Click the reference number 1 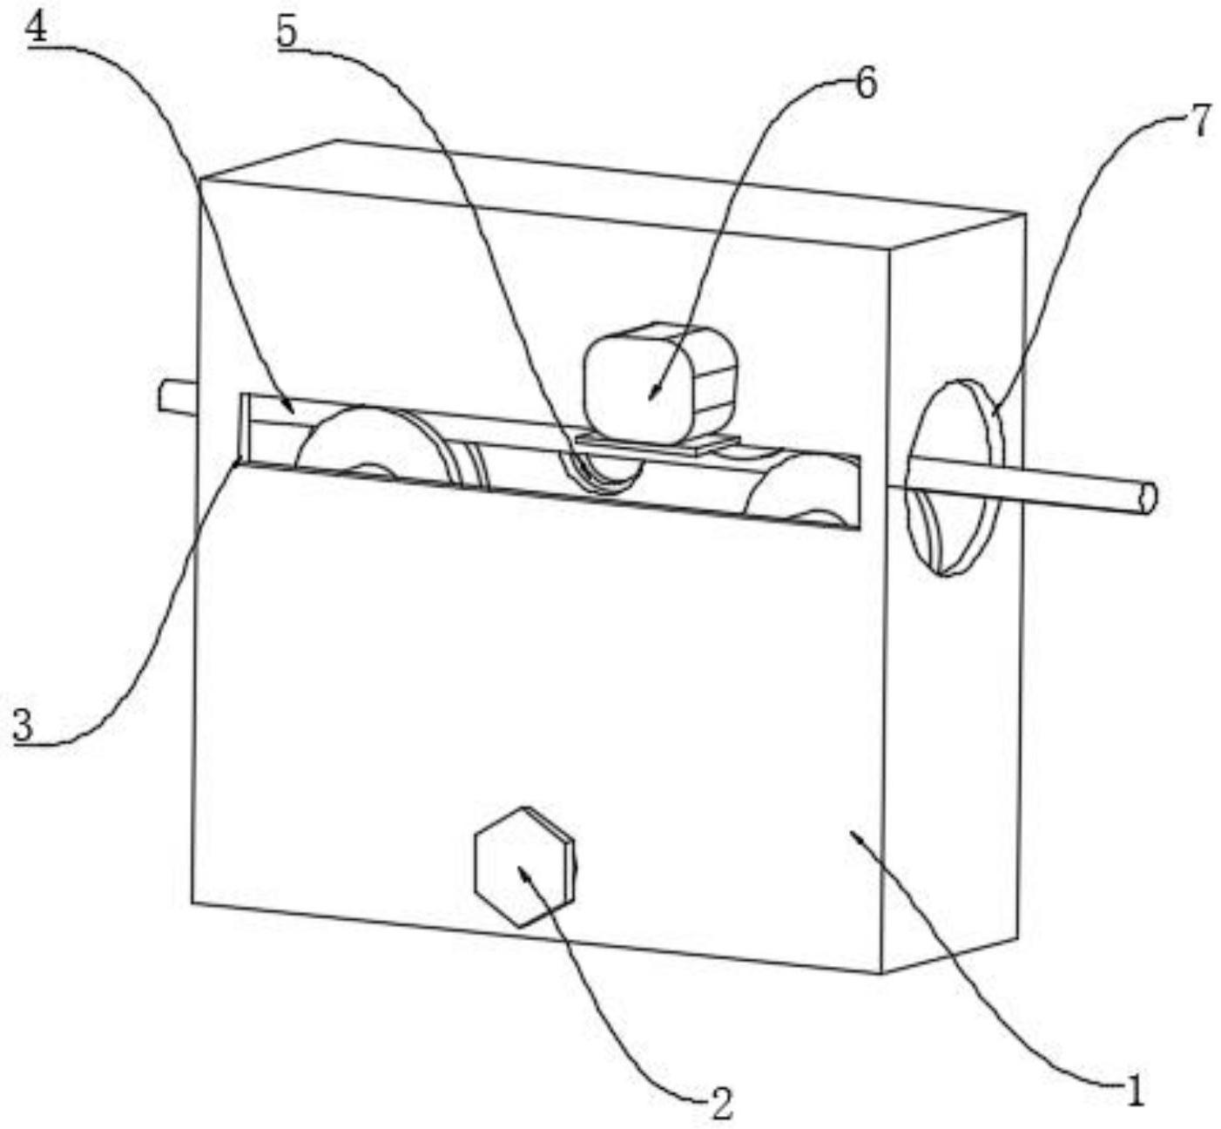(x=1133, y=1090)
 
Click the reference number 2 (x=721, y=1105)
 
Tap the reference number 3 (x=24, y=726)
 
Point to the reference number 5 (x=287, y=32)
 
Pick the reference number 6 (x=866, y=85)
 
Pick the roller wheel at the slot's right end (x=806, y=492)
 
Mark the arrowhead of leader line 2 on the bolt (x=523, y=870)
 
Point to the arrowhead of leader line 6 (x=651, y=396)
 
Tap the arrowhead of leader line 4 (x=291, y=407)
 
